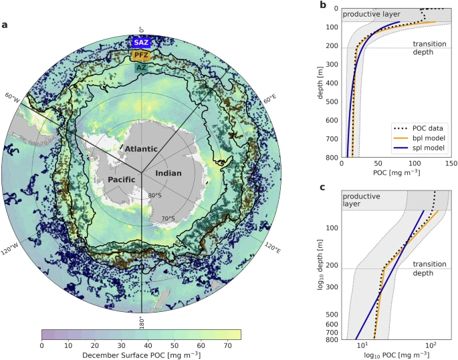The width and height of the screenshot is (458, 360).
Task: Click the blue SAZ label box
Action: [141, 42]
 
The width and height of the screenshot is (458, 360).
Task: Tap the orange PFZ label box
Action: [141, 55]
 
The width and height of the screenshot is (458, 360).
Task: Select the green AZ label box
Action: [141, 67]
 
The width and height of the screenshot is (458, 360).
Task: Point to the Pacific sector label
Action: [120, 180]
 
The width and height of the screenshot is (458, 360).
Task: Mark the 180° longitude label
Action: [142, 321]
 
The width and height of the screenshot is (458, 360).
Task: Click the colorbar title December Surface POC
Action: [140, 355]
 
